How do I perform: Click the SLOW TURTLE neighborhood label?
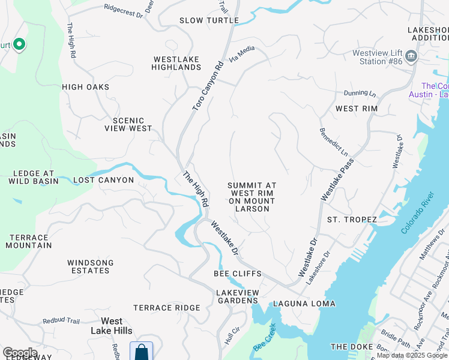pos(209,20)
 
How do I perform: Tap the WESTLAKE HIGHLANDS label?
pos(177,63)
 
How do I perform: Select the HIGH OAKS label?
pos(86,87)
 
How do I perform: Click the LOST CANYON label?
pos(103,180)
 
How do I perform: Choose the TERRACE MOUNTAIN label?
pos(28,241)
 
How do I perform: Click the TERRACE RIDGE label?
pos(166,308)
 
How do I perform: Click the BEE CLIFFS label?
pos(238,274)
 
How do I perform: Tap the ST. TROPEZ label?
pos(352,220)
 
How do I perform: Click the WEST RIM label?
pos(356,109)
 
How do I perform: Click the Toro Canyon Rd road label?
pos(208,85)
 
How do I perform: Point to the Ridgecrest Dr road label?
pos(124,8)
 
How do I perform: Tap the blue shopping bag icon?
pos(141,351)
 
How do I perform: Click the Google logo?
pos(20,353)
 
